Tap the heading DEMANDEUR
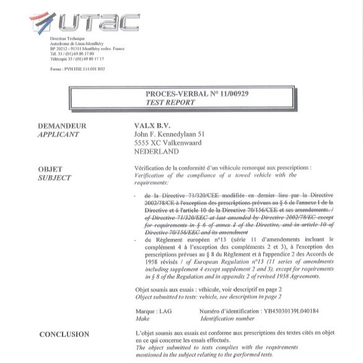pyautogui.click(x=62, y=126)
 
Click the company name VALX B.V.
pyautogui.click(x=151, y=126)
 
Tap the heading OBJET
pyautogui.click(x=51, y=168)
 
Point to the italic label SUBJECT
pyautogui.click(x=55, y=178)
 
